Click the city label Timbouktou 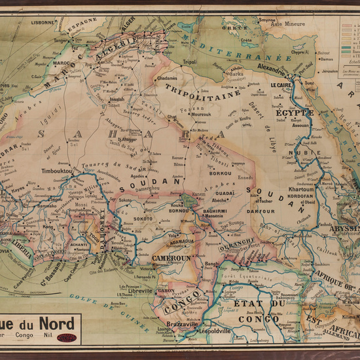tap(58, 171)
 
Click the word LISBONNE tap(43, 22)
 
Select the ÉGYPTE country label tap(295, 113)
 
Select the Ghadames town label tap(168, 78)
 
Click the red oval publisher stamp tap(67, 338)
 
